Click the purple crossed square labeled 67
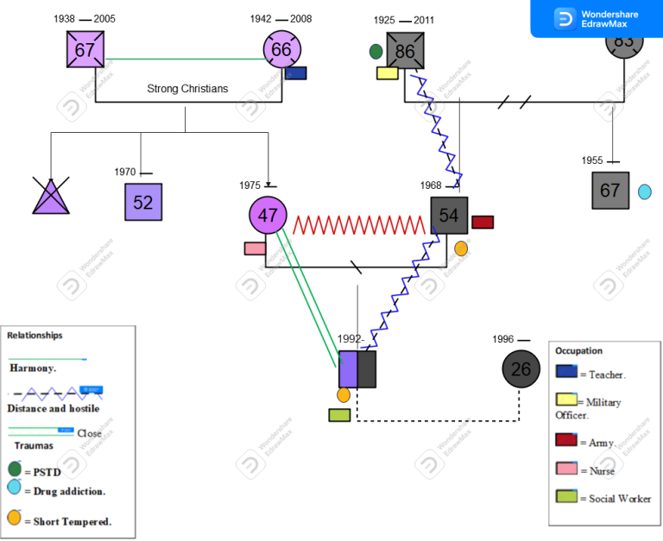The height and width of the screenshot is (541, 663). tap(85, 50)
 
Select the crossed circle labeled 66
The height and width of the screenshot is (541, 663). tap(281, 50)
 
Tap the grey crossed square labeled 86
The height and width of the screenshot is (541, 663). tap(405, 51)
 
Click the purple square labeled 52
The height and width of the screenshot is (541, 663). tap(143, 202)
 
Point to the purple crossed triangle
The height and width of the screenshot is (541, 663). tap(52, 198)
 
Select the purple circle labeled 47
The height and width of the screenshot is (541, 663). tap(268, 216)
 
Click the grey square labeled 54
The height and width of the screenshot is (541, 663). tap(449, 216)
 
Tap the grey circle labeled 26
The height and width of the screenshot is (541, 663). tap(521, 369)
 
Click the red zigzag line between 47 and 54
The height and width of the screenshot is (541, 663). tap(359, 225)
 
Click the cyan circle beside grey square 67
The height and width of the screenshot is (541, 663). tap(644, 192)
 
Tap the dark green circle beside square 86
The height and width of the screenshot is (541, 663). tap(376, 52)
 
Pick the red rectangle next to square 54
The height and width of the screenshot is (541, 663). tap(483, 222)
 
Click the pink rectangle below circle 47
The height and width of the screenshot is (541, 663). tap(255, 248)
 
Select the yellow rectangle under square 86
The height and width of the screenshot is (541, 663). tap(387, 73)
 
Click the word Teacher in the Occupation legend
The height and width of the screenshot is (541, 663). tap(607, 374)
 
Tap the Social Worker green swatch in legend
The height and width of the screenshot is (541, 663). tap(566, 496)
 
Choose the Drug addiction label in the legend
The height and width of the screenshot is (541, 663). tap(69, 491)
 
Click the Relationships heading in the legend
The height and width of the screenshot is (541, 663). tap(35, 335)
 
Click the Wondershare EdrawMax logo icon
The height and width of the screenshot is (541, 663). tap(565, 19)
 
